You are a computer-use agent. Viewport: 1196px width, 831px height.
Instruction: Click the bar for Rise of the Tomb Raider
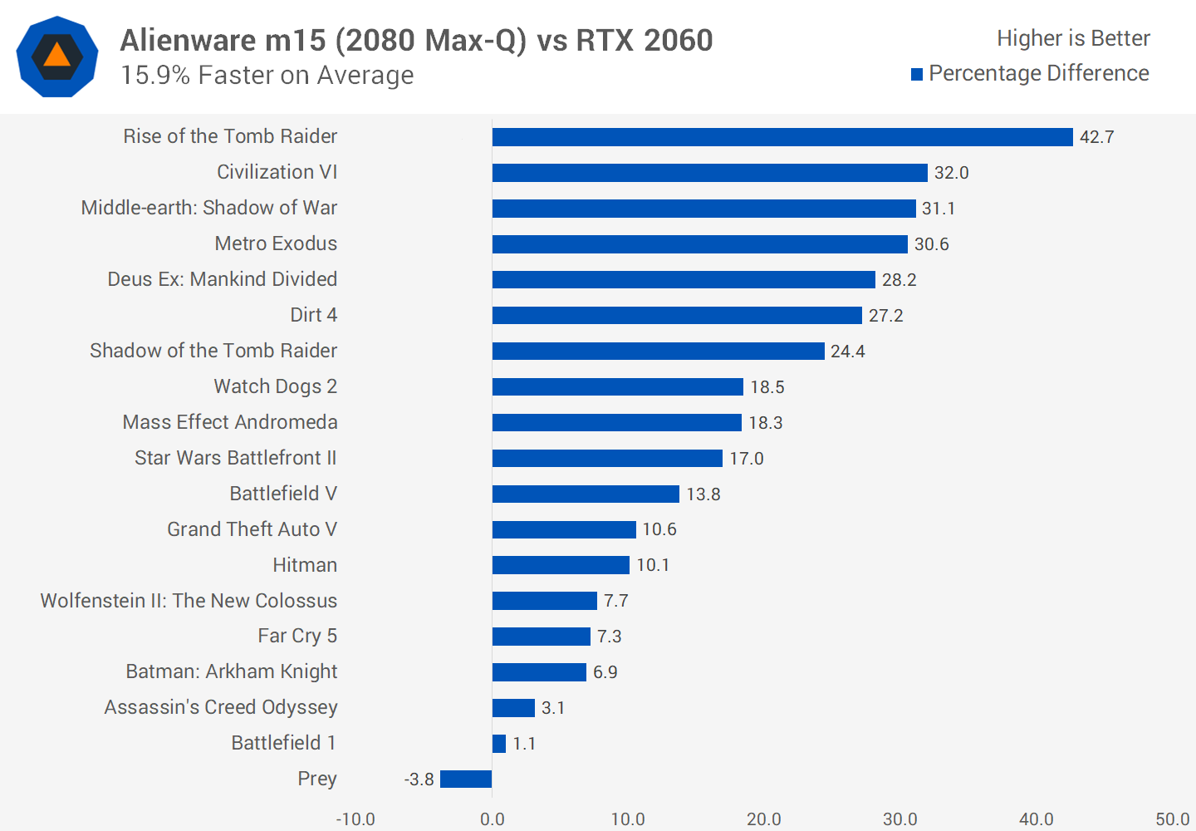point(782,137)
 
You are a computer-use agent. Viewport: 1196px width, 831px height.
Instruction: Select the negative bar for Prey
point(466,779)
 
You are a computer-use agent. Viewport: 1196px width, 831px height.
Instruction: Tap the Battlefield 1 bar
point(499,744)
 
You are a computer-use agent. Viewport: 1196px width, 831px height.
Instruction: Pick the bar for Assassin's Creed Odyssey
point(513,708)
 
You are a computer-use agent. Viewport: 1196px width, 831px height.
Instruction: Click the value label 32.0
point(951,173)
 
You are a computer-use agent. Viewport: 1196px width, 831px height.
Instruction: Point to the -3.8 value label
point(419,779)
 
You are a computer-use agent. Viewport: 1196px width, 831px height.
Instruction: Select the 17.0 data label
point(746,459)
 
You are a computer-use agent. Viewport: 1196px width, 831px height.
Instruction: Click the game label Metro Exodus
point(276,243)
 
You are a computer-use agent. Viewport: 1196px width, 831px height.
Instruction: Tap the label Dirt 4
point(313,315)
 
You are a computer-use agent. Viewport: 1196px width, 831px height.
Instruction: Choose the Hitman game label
point(305,565)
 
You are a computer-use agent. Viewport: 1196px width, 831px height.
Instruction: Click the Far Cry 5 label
point(297,637)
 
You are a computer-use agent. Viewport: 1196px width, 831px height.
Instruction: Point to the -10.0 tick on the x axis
point(355,819)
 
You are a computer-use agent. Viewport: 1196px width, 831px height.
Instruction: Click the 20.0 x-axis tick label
point(763,819)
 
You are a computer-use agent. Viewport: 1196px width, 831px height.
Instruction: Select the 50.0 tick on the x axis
point(1172,819)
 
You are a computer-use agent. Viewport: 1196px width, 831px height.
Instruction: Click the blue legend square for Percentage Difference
point(917,75)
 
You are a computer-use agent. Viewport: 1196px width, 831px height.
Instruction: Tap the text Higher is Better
point(1073,38)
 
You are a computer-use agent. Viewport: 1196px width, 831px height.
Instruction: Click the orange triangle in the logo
point(56,56)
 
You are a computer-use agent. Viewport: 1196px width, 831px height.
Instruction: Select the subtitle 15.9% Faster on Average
point(267,76)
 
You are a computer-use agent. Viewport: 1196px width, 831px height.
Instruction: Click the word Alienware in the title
point(189,40)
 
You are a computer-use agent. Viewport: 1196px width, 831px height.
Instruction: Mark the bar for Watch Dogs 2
point(617,387)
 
